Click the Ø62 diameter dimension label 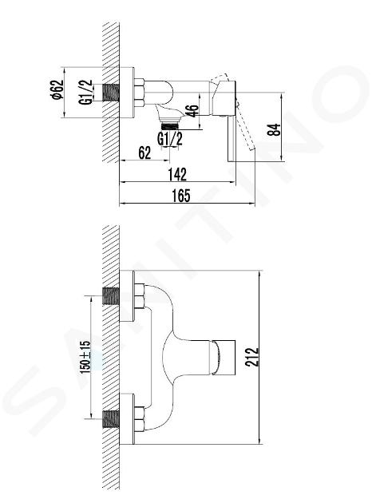pos(58,89)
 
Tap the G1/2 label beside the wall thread pos(85,92)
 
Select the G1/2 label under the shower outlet pos(170,139)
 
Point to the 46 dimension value pos(192,111)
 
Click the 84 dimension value pos(274,129)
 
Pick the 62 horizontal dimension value pos(144,152)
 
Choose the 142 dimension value pos(177,174)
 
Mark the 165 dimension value pos(181,196)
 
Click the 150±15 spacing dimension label pos(85,357)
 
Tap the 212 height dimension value pos(251,357)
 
